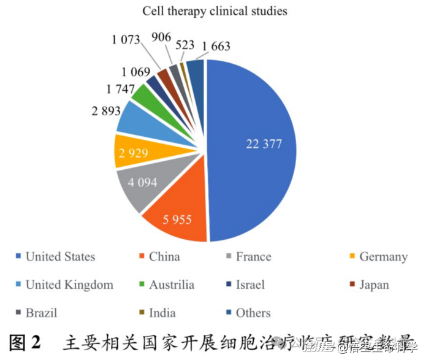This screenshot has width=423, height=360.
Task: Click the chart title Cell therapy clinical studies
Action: pos(215,11)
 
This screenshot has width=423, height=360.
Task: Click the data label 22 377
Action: pos(264,144)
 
